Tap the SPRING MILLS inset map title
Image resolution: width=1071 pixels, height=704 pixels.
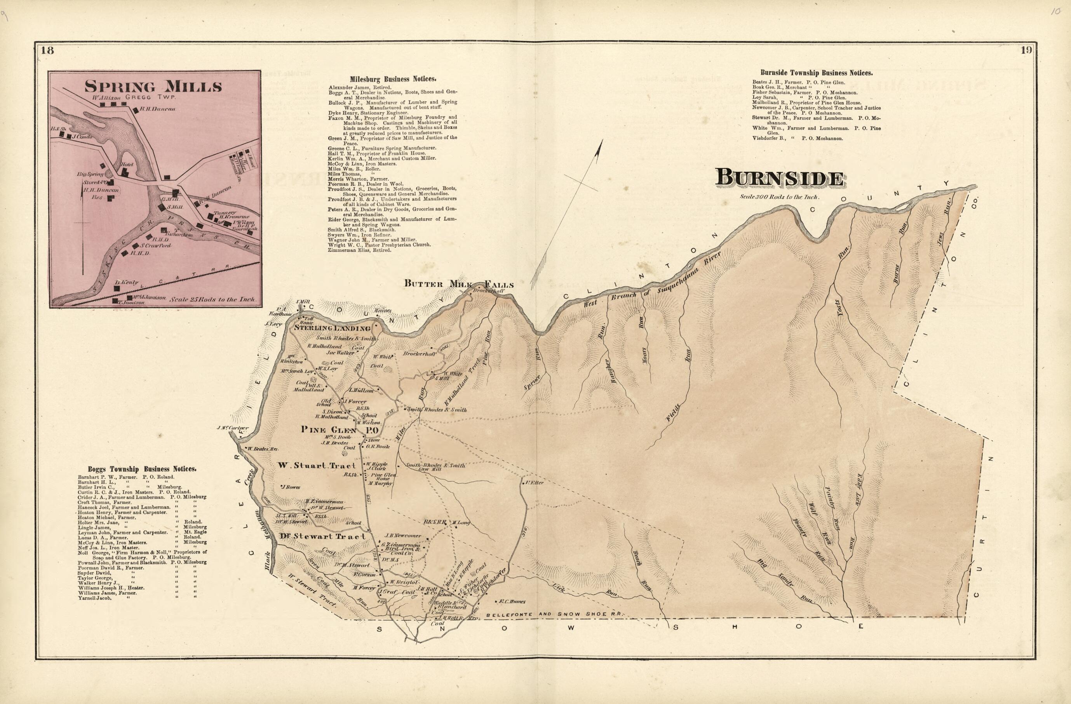pos(153,86)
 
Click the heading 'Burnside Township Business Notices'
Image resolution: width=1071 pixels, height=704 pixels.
pos(816,73)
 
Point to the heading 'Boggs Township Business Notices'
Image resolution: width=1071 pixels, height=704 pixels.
pos(142,469)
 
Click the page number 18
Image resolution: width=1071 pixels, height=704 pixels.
pos(47,50)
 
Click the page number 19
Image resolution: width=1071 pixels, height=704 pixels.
pos(1026,50)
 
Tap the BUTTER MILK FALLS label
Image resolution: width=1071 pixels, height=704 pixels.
pos(458,284)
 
